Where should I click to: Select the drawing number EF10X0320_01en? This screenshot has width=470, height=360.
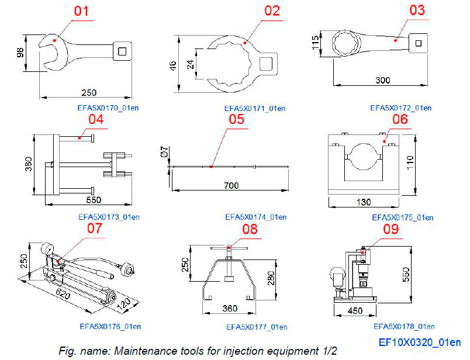(x=419, y=342)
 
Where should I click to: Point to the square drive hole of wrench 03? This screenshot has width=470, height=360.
(x=417, y=41)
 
